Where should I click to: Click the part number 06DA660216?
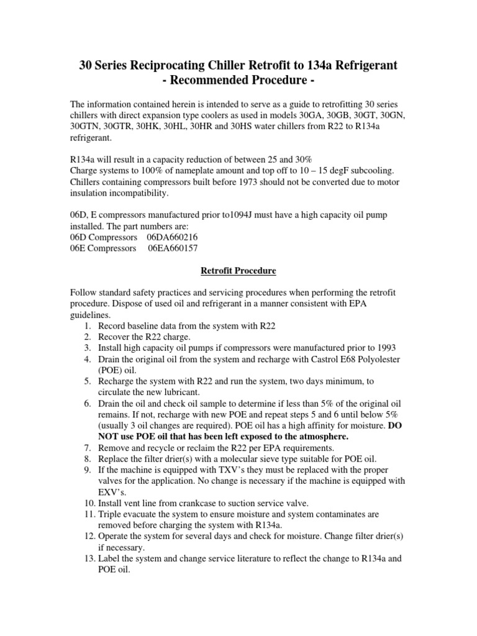pos(173,237)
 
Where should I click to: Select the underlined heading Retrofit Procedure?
pos(238,271)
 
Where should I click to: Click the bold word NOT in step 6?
pos(111,437)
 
